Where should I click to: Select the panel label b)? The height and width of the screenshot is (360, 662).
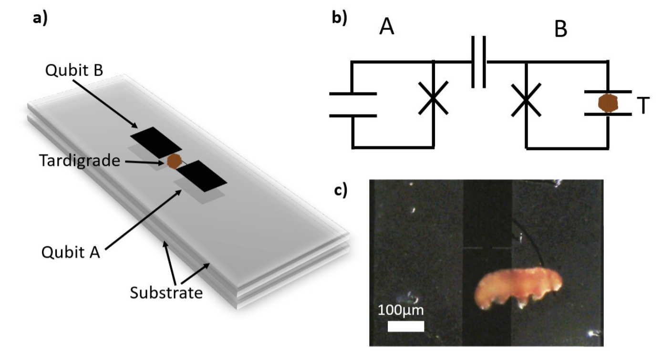(340, 18)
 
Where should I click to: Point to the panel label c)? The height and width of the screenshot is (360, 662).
(340, 190)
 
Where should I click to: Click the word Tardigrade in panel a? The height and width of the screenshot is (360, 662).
(78, 161)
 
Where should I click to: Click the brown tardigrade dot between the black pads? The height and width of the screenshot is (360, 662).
(174, 161)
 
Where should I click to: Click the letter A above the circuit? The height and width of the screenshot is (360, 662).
(387, 29)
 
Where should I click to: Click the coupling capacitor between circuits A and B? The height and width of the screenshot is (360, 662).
(479, 62)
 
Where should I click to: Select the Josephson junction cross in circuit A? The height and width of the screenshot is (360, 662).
(433, 98)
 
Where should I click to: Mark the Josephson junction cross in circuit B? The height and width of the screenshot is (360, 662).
(526, 99)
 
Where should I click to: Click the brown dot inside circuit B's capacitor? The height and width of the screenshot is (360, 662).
(607, 103)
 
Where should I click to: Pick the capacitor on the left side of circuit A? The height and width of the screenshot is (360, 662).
(353, 104)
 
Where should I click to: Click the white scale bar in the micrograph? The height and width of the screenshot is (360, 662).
(405, 326)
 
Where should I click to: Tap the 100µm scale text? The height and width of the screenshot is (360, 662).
(401, 310)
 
